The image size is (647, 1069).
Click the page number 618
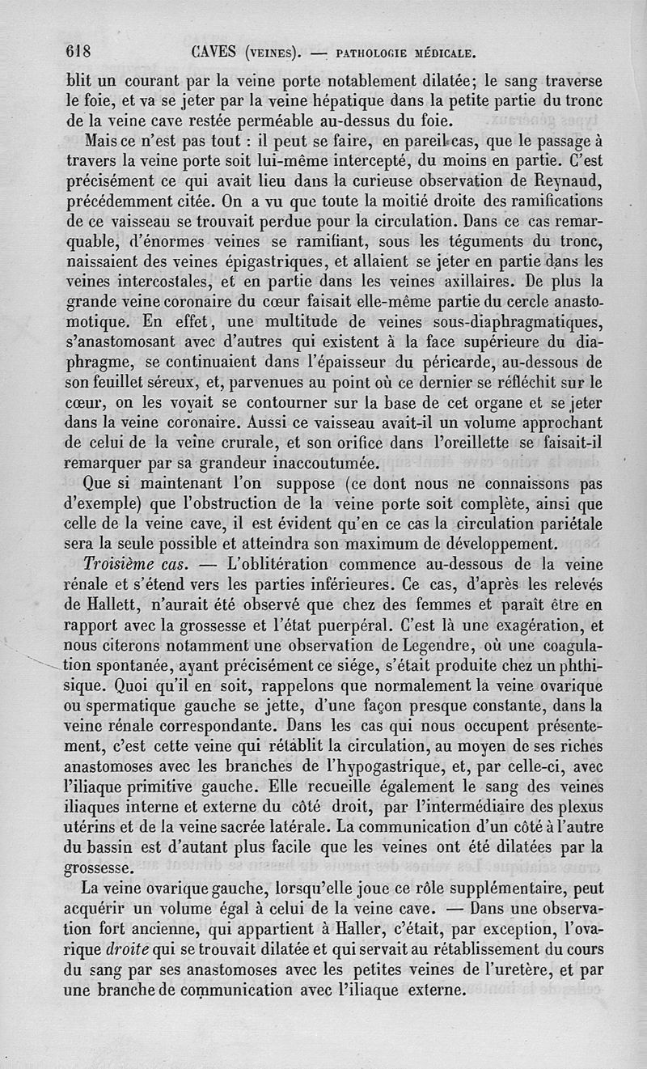click(x=80, y=53)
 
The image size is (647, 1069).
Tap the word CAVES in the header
click(x=214, y=53)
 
